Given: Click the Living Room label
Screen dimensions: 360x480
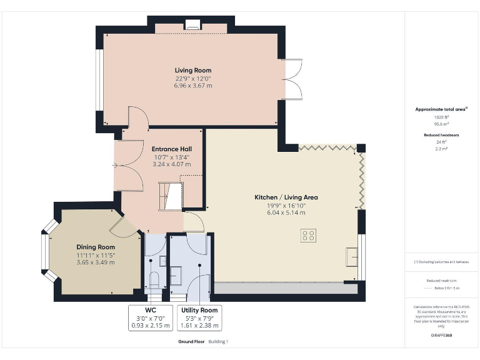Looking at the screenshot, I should [192, 70].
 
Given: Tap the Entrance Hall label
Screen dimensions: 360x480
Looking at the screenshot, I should [171, 149].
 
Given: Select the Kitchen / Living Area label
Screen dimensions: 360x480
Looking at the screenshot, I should [286, 197].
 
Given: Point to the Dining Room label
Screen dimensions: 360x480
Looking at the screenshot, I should [96, 247].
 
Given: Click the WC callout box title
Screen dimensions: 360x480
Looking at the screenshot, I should [150, 310].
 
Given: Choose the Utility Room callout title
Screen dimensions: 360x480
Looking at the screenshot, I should [199, 310].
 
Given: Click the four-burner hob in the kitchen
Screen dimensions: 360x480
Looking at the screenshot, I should [308, 236].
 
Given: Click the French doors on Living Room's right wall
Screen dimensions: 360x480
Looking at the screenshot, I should [292, 79].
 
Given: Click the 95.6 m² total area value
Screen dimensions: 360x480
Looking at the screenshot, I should [441, 123].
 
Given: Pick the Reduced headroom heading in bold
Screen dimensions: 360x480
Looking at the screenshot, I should [441, 135].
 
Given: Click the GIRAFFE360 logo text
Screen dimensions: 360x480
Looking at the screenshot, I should [441, 336].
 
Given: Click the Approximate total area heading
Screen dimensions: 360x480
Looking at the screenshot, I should [440, 109].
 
